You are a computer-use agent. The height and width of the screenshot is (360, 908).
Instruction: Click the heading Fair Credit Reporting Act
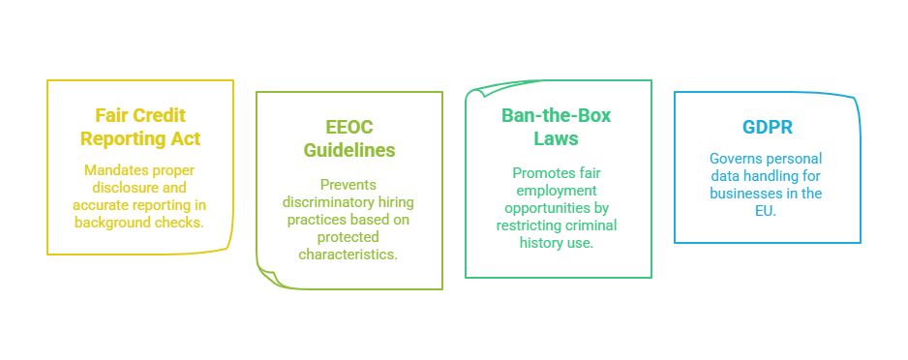(140, 128)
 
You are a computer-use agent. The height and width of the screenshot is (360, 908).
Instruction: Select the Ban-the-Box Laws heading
(557, 127)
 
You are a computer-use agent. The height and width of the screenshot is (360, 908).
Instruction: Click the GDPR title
(767, 128)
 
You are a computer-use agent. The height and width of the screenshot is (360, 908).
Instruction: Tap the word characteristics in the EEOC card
(349, 255)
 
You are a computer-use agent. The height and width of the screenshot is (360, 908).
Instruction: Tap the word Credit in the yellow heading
(158, 116)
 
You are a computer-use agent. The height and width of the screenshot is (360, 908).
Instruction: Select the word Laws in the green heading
(557, 138)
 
